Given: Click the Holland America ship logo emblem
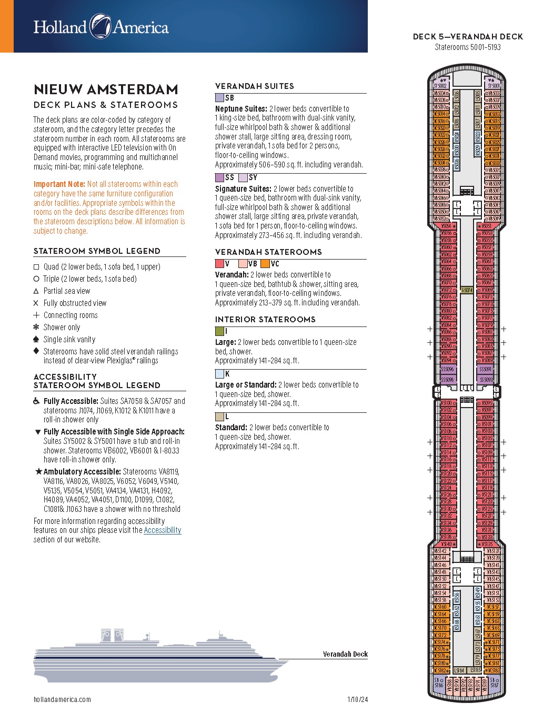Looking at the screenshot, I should click(x=100, y=26).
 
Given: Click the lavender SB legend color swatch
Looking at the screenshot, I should click(x=219, y=98).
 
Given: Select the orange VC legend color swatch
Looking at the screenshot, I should click(x=265, y=264).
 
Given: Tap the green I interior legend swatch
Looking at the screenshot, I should click(x=219, y=331).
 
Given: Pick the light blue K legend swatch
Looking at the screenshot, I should click(x=219, y=374).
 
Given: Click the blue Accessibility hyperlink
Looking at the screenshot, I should click(x=162, y=530).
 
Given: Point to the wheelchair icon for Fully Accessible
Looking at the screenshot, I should click(x=36, y=401).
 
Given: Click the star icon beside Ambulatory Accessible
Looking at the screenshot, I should click(x=38, y=471).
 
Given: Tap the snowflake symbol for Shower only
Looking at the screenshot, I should click(x=36, y=327).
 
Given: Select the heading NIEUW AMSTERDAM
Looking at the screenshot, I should click(x=106, y=89).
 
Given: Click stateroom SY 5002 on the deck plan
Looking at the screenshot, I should click(x=440, y=85).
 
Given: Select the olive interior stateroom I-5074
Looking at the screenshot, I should click(x=467, y=290).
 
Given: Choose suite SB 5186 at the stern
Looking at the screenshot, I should click(x=438, y=683).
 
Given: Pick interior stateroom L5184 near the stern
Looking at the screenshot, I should click(x=459, y=670).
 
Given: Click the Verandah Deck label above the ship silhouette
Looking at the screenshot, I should click(x=345, y=654).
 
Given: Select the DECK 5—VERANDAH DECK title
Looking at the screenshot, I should click(x=468, y=37).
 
